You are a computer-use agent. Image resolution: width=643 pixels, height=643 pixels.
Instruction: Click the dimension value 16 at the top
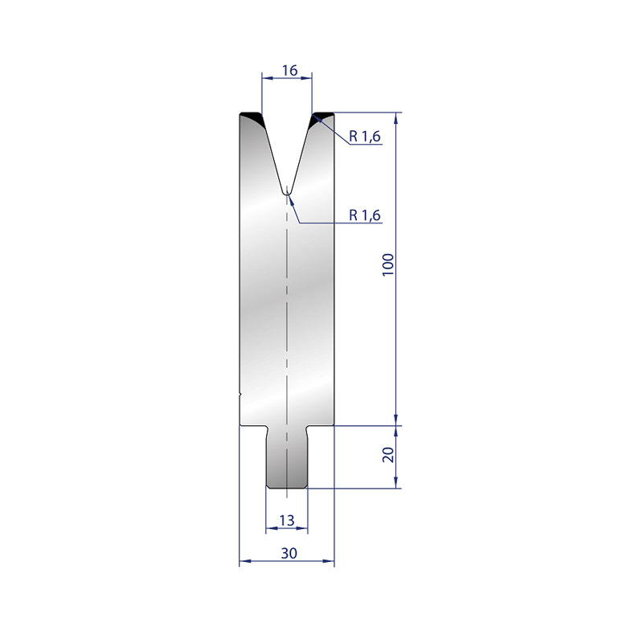(x=289, y=71)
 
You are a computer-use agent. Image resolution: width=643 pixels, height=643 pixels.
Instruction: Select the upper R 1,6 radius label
(x=365, y=136)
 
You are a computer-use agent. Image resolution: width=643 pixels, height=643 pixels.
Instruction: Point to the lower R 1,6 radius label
(x=365, y=215)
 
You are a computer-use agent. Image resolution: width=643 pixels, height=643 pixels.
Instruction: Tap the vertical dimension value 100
(x=388, y=265)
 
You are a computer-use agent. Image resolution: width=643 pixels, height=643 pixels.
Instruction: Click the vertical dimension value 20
(x=388, y=455)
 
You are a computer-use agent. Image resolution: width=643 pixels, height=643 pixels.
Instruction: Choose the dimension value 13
(x=287, y=520)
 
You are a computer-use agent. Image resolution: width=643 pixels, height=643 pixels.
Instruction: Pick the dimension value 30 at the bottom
(x=289, y=553)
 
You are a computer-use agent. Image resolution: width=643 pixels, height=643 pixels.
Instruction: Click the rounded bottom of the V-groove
(x=287, y=193)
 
